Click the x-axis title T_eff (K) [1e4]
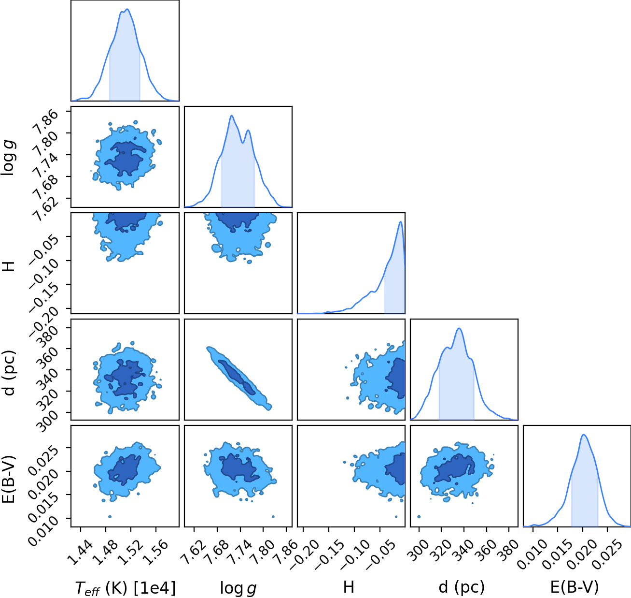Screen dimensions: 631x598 point(126,588)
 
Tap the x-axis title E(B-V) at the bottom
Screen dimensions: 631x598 point(575,587)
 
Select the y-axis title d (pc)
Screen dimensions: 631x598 point(10,372)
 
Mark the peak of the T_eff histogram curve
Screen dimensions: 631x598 point(127,9)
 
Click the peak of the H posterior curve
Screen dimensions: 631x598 point(400,221)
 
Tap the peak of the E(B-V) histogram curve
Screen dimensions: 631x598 point(584,435)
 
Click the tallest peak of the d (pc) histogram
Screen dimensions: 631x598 point(459,328)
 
